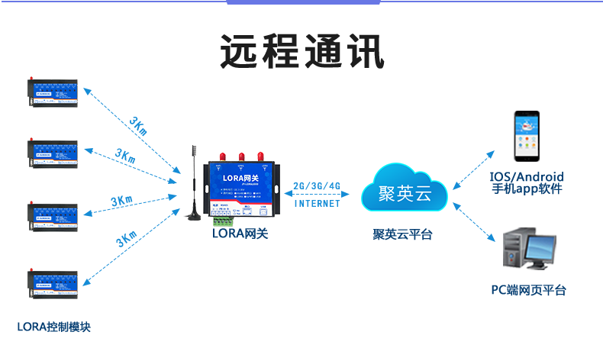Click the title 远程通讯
(301, 52)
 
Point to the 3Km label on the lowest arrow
(127, 238)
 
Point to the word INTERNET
(317, 204)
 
